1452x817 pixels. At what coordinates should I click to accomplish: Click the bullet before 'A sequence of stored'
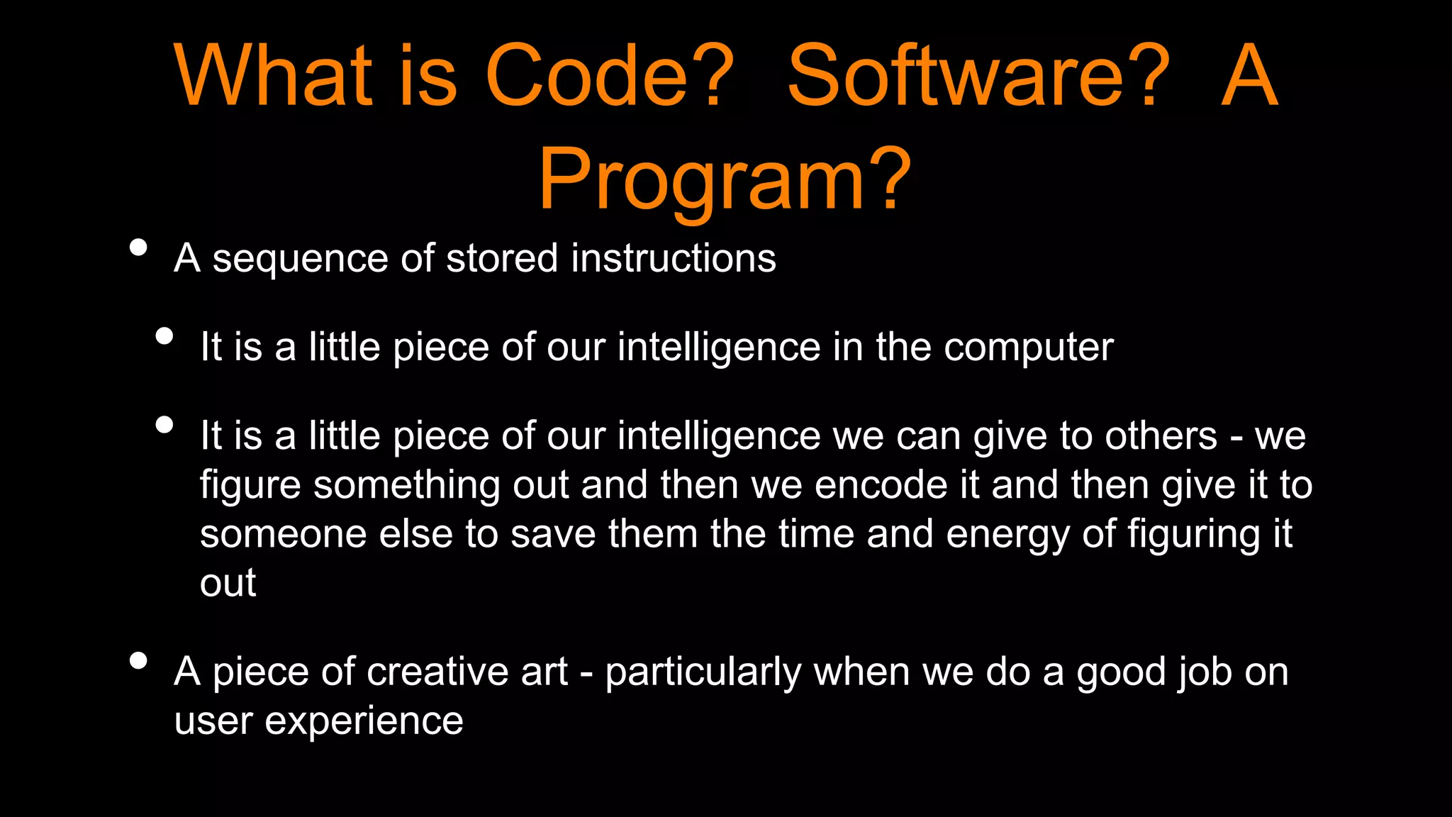(139, 248)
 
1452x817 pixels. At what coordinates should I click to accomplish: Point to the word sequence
(299, 260)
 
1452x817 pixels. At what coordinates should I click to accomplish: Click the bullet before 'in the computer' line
(164, 336)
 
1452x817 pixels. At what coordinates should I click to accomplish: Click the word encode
(881, 485)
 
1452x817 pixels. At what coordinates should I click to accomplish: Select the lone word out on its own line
(228, 584)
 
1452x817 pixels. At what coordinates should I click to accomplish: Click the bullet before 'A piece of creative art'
(139, 661)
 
